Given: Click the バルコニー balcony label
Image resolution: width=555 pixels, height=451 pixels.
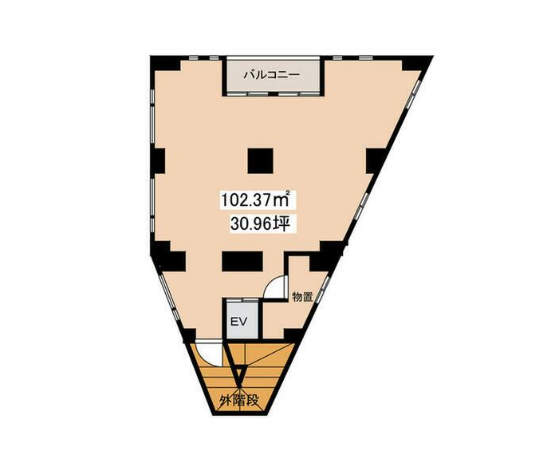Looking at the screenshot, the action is [271, 75].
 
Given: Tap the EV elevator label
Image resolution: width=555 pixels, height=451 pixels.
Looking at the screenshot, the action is [238, 322].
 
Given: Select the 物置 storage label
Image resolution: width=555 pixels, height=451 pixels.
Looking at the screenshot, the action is [302, 297].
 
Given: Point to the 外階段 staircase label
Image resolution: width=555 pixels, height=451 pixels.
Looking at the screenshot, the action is [239, 401].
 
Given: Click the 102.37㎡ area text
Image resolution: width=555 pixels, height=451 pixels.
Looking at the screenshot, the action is [256, 200].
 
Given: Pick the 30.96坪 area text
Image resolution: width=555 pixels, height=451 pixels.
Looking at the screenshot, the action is [261, 224].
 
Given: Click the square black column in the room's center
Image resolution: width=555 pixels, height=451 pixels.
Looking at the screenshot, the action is [260, 161].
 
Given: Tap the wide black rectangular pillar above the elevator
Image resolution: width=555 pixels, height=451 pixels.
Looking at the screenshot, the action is [242, 261].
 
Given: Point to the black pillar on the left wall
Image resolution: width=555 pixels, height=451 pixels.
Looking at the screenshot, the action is [158, 161].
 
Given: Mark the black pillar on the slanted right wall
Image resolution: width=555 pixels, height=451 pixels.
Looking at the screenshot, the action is [375, 160].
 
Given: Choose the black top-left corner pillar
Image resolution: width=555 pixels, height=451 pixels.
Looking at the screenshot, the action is [165, 63].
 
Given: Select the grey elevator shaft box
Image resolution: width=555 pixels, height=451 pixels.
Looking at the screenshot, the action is [242, 321].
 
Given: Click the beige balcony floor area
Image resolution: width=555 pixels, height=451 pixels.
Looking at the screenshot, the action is [271, 75].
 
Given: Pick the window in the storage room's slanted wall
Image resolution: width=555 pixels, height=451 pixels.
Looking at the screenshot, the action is [322, 290].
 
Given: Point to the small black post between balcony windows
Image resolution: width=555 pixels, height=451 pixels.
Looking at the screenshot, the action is [272, 93].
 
